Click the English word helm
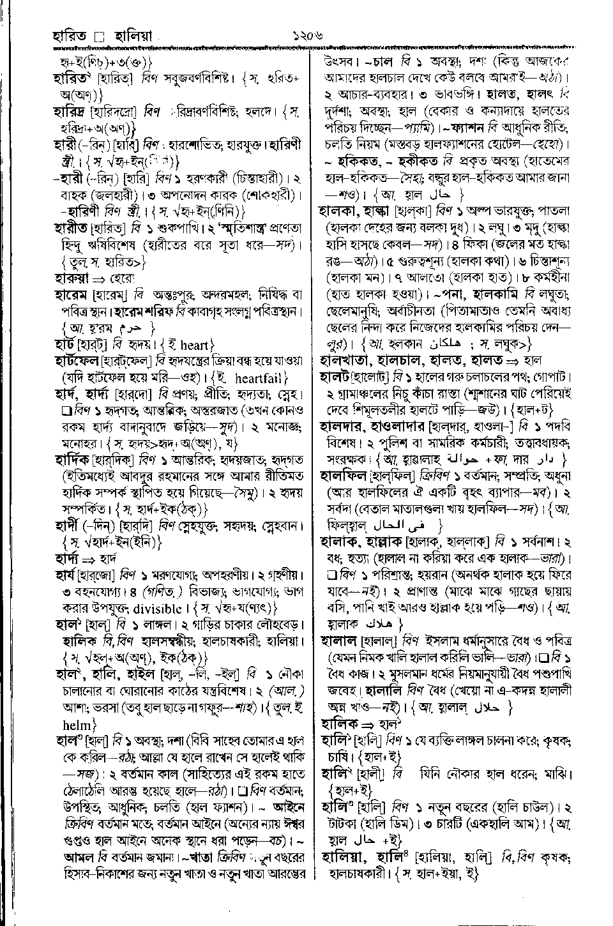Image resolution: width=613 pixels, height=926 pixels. [x=77, y=725]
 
